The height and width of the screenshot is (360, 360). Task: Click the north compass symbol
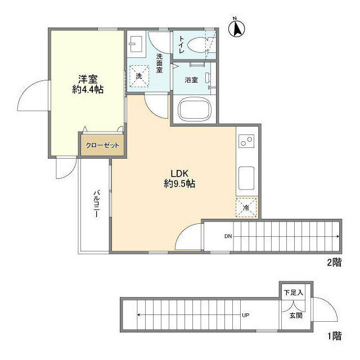click(x=236, y=28)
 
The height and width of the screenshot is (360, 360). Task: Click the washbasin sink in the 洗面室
click(x=136, y=44)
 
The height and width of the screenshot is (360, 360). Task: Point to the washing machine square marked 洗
click(x=139, y=76)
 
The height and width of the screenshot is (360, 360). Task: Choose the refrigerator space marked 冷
click(x=246, y=208)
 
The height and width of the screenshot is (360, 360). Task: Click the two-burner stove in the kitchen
click(x=246, y=141)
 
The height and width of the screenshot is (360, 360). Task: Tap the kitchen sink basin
click(x=246, y=178)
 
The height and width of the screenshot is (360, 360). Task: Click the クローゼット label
click(x=102, y=145)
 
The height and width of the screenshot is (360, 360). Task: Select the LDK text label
click(x=179, y=174)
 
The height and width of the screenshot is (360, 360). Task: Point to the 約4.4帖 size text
click(x=88, y=90)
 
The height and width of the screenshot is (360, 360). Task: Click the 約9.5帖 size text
click(x=179, y=184)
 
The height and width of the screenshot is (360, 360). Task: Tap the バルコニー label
click(x=97, y=204)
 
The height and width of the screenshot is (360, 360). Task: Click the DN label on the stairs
click(x=228, y=236)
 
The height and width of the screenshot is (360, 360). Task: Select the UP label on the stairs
click(x=246, y=315)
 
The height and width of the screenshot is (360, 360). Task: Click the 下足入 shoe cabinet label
click(x=294, y=292)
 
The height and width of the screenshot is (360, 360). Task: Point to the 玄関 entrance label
click(x=296, y=316)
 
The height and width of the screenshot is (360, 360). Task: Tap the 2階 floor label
click(x=334, y=262)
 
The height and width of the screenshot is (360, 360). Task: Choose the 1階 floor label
click(x=335, y=336)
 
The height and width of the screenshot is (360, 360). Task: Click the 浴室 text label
click(x=191, y=80)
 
